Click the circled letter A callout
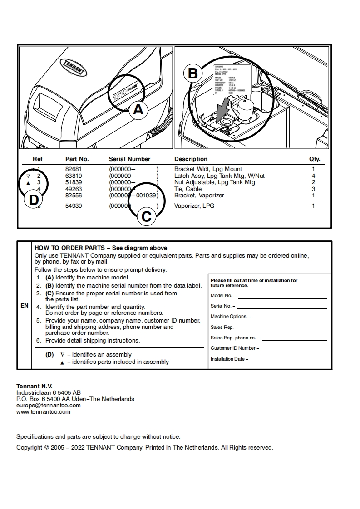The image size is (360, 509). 138,110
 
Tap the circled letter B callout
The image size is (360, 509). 192,73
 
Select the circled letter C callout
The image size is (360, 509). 146,216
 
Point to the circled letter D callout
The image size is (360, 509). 34,200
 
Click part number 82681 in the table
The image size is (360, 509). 74,169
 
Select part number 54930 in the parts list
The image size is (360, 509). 74,206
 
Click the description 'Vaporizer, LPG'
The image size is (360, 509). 194,206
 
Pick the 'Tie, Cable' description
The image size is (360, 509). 188,189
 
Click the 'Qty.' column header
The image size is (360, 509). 315,159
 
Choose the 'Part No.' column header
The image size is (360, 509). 77,159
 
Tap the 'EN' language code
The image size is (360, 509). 25,305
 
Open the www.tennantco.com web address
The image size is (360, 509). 43,411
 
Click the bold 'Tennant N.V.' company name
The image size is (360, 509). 35,386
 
